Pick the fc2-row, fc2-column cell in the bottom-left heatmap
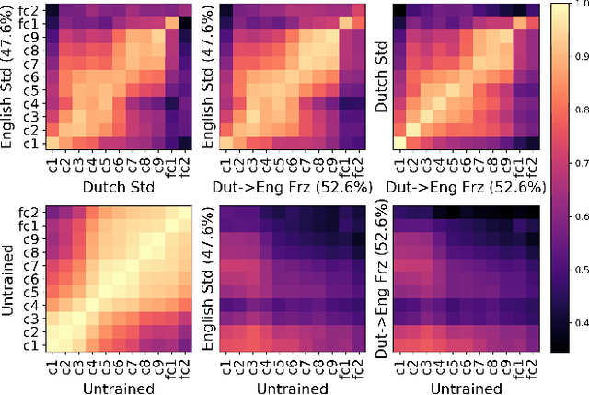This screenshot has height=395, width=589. (173, 214)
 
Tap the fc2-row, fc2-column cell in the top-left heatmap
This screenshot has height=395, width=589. (173, 10)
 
